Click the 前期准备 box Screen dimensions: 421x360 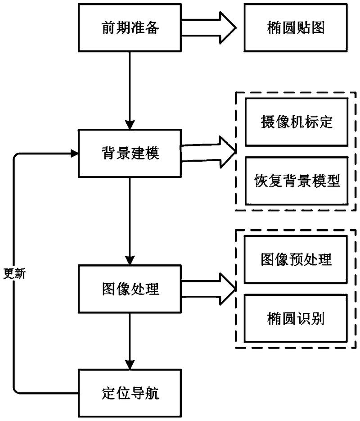[x=130, y=27]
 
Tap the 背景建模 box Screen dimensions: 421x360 [x=130, y=153]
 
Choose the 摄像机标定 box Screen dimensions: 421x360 [x=297, y=122]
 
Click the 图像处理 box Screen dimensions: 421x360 [x=130, y=289]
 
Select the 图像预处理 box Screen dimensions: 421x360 [x=297, y=260]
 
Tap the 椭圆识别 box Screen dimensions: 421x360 [x=297, y=318]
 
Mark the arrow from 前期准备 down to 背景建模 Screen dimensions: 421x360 [x=130, y=90]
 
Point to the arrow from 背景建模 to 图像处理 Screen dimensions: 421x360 [x=130, y=221]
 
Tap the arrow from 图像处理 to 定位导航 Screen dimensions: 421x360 [x=130, y=340]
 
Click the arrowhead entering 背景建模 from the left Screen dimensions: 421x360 [x=74, y=153]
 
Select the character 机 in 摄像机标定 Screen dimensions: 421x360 [x=297, y=122]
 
